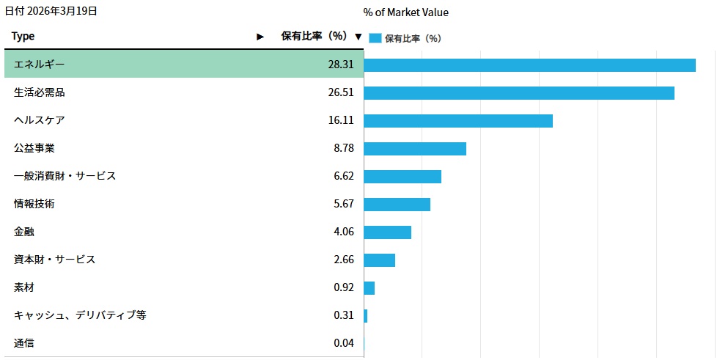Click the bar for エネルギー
(x=529, y=65)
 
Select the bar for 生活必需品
(x=518, y=93)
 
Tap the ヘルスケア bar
(x=457, y=121)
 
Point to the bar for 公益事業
(x=414, y=149)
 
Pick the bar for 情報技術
(x=397, y=205)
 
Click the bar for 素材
(x=369, y=288)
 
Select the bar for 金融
(x=387, y=232)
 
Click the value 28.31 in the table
(x=341, y=65)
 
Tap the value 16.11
(x=341, y=120)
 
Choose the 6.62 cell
(x=344, y=176)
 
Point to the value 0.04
(x=344, y=343)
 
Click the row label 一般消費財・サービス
(x=65, y=176)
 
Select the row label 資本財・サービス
(x=54, y=260)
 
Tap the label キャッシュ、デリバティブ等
(x=80, y=315)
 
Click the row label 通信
(x=24, y=343)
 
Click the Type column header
(x=23, y=36)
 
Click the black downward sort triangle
(x=358, y=37)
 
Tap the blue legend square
(x=375, y=38)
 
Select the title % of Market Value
(x=405, y=12)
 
